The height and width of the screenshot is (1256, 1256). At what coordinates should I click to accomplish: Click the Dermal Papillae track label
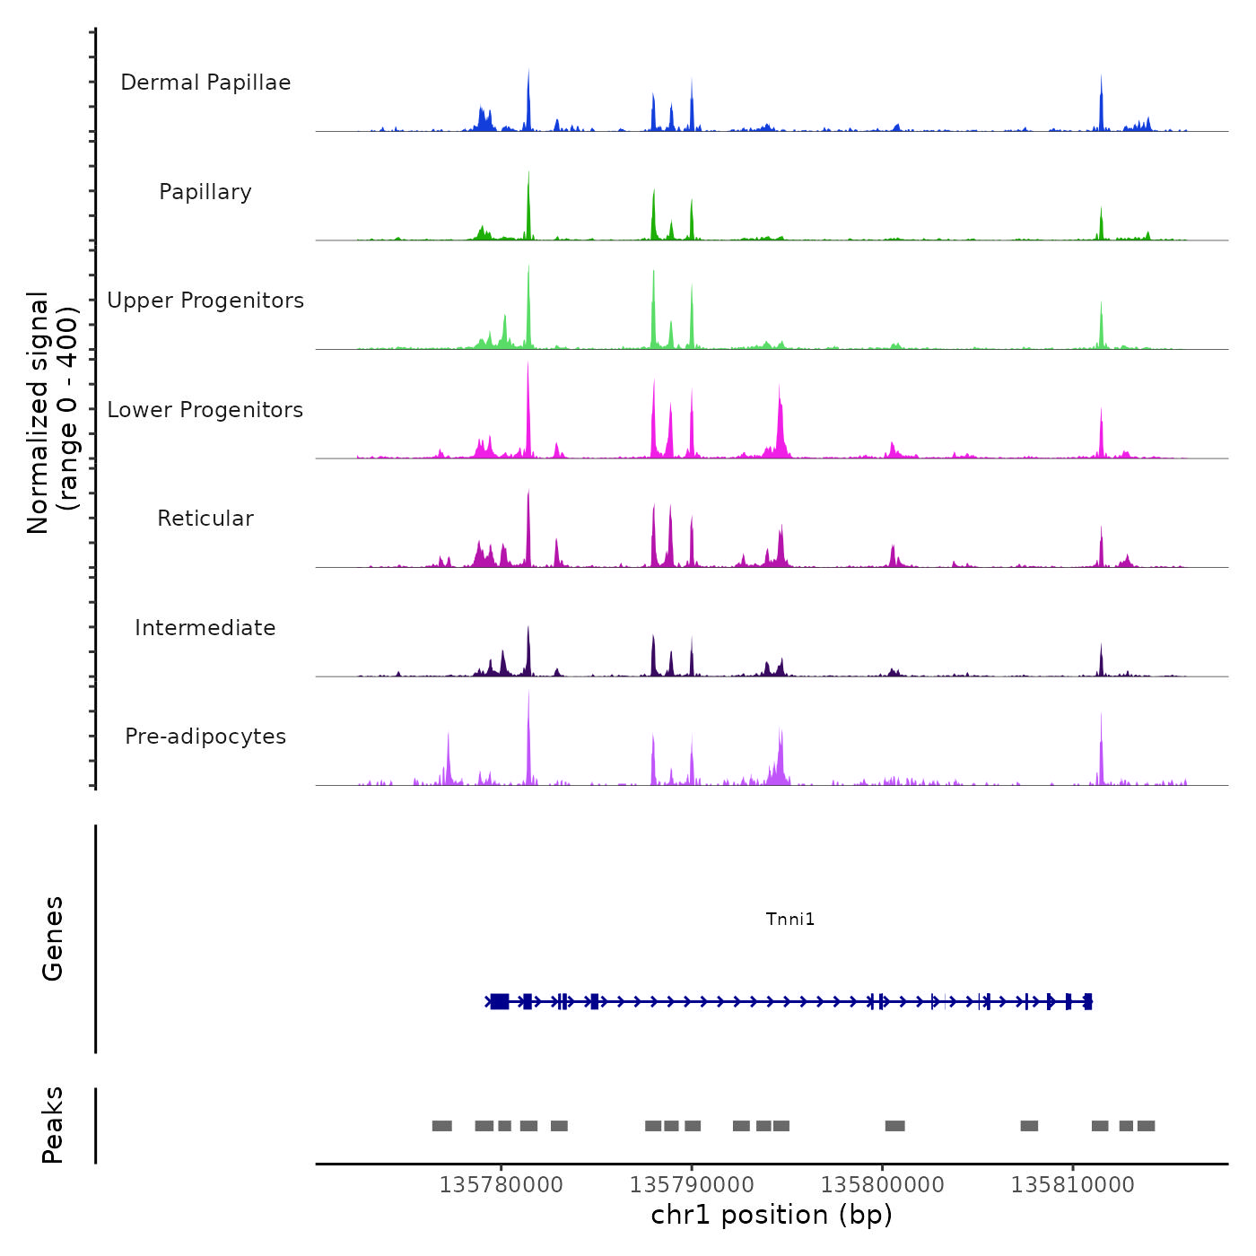[x=205, y=83]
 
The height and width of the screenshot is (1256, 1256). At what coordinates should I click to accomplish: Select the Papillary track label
[x=205, y=192]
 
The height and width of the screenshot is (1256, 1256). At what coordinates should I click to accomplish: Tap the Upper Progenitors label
[x=205, y=301]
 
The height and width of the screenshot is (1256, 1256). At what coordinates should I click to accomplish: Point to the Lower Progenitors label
[x=205, y=410]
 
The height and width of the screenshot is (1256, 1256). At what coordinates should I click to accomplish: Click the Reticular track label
[x=205, y=519]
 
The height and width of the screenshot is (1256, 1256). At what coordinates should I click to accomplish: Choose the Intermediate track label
[x=205, y=628]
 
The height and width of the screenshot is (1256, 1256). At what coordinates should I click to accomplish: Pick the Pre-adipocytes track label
[x=205, y=737]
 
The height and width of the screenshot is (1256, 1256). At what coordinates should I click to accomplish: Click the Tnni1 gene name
[x=790, y=919]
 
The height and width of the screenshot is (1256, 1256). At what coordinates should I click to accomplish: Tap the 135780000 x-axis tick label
[x=501, y=1185]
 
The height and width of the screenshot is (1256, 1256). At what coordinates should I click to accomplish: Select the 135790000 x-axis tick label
[x=692, y=1185]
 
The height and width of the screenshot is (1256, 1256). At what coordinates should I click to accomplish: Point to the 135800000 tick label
[x=882, y=1185]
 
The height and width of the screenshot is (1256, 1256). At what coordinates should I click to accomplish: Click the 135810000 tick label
[x=1072, y=1185]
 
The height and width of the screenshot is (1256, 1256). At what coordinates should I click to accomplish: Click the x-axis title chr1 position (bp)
[x=772, y=1215]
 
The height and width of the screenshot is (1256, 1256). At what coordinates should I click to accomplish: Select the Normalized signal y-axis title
[x=52, y=412]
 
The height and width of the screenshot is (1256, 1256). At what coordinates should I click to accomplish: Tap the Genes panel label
[x=53, y=938]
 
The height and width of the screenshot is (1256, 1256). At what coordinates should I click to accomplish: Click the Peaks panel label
[x=53, y=1125]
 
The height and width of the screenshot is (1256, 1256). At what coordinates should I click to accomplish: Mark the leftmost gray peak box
[x=441, y=1126]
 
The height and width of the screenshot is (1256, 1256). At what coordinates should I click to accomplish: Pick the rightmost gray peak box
[x=1146, y=1126]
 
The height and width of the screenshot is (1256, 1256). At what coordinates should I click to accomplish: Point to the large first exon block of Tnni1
[x=500, y=1001]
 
